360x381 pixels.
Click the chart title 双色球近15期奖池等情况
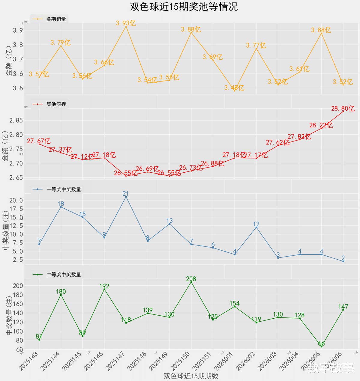[184, 7]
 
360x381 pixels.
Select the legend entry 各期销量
[56, 19]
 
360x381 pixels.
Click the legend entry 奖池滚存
[56, 104]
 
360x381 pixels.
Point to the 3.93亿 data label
[126, 23]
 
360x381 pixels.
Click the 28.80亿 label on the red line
[343, 109]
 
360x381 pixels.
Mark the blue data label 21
[126, 194]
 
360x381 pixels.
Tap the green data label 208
[191, 279]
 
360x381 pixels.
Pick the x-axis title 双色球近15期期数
[191, 376]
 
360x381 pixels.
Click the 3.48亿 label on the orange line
[234, 88]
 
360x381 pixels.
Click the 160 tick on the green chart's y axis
[18, 304]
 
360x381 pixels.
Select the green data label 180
[61, 292]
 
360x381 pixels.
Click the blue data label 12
[256, 224]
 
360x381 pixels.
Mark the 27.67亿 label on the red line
[39, 141]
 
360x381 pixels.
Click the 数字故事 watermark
[331, 368]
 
